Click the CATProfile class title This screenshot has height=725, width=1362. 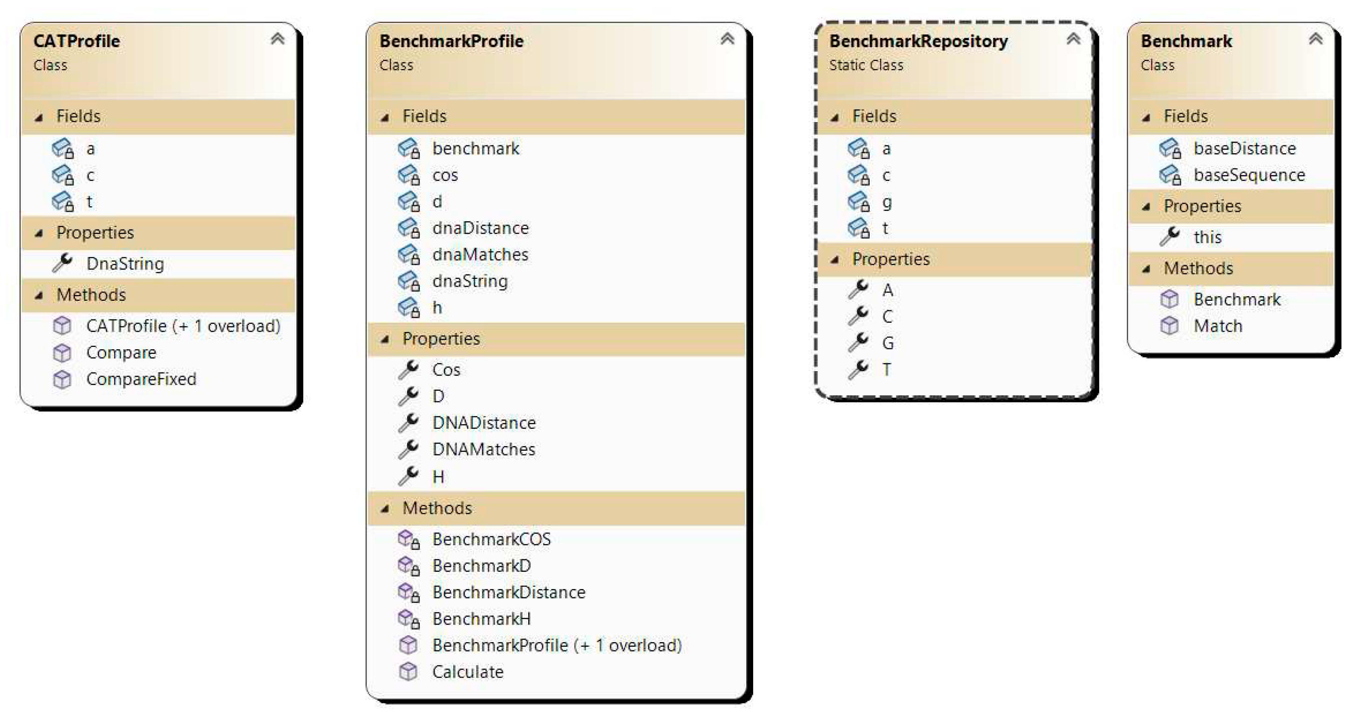[77, 41]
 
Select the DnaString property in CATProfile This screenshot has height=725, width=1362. [125, 264]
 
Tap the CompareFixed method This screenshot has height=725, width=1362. [141, 379]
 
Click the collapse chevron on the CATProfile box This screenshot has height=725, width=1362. [278, 39]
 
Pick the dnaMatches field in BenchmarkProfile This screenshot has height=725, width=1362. [480, 255]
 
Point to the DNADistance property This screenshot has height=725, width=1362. [484, 423]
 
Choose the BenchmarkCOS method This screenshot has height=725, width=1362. [491, 539]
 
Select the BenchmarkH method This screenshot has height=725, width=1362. [481, 619]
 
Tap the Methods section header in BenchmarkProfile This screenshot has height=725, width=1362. [437, 508]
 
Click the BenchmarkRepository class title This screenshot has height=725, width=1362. [918, 41]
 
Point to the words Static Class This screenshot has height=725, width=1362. [866, 65]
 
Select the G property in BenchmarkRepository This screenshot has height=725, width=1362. [888, 343]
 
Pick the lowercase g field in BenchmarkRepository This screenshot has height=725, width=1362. [887, 203]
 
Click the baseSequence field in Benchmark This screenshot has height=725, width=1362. [1249, 175]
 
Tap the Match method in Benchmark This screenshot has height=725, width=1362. [1218, 326]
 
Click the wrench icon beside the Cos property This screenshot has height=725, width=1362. [409, 369]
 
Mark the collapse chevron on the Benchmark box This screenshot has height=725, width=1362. [1315, 39]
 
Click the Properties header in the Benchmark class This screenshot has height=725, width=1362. [1202, 206]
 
